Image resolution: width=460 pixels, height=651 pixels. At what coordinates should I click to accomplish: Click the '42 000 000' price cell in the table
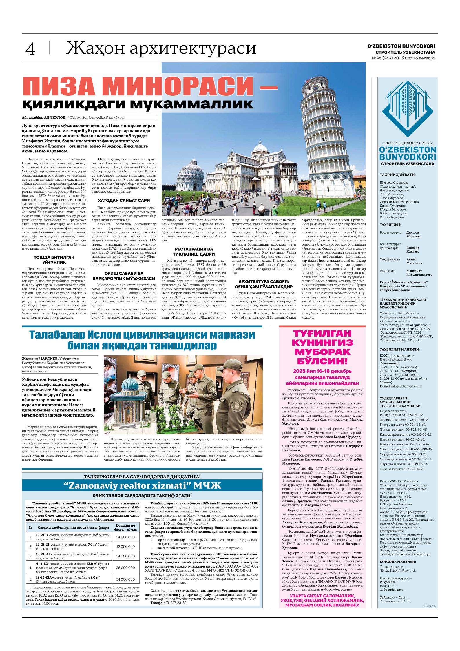[x=126, y=538]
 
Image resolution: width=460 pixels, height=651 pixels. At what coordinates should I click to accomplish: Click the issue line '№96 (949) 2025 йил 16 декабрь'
[x=404, y=58]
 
